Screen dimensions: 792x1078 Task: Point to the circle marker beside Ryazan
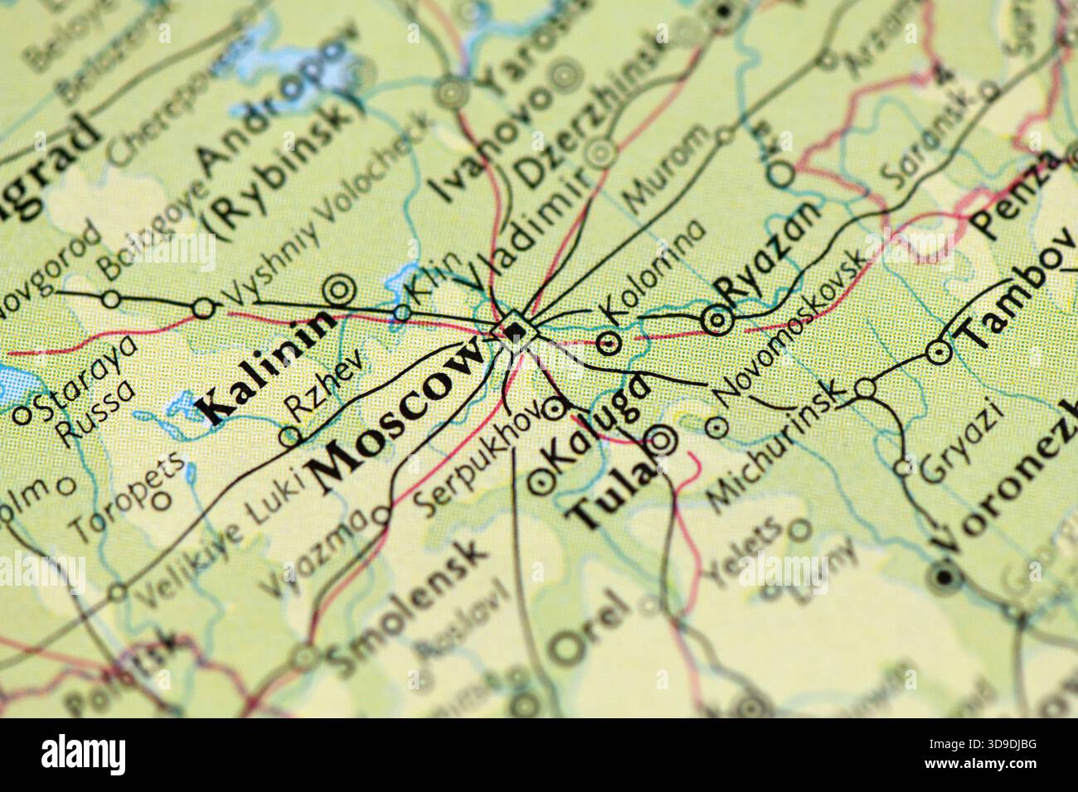tap(716, 320)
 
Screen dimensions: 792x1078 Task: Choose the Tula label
tap(606, 495)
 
